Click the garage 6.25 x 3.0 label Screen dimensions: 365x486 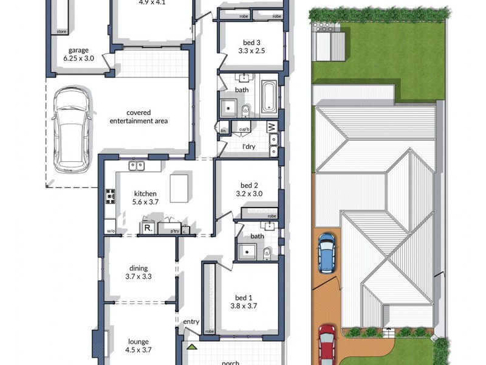coord(79,55)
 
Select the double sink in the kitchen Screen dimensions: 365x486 coord(136,165)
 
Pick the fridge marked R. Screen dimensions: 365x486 coord(148,228)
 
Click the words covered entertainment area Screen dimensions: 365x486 coord(139,117)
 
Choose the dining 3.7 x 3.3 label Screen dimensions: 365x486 coord(139,272)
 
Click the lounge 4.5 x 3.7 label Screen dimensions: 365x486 coord(139,346)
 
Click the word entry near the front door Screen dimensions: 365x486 coord(191,322)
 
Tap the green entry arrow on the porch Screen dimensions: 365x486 coord(192,347)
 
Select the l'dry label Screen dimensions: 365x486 coord(248,147)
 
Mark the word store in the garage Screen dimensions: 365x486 coord(61,30)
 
